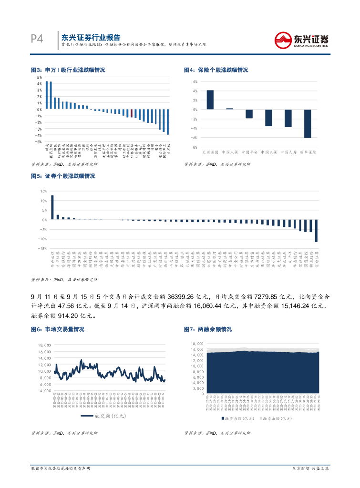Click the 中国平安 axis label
tap(249, 152)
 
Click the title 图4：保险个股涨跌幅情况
tap(216, 70)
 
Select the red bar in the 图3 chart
tap(132, 113)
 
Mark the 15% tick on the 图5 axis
tap(43, 191)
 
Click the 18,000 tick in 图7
tap(197, 343)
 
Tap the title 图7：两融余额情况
tap(208, 329)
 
